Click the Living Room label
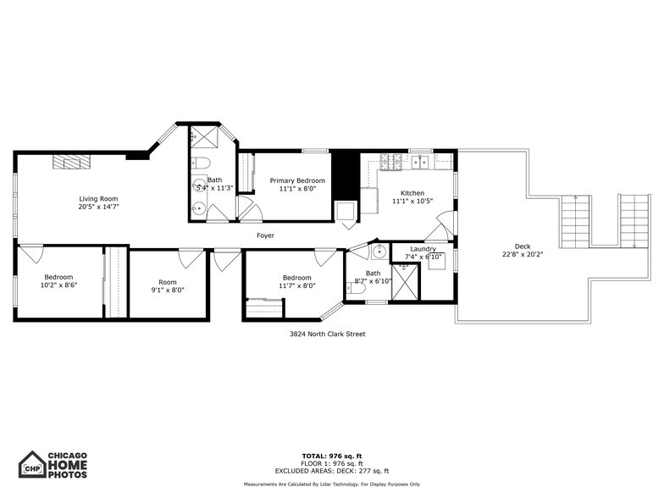click(99, 198)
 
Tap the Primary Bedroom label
click(296, 180)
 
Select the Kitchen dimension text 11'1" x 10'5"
click(412, 202)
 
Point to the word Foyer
click(265, 235)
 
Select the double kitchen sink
click(420, 161)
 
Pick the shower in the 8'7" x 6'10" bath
click(405, 283)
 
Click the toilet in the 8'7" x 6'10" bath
click(357, 288)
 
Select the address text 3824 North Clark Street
click(328, 334)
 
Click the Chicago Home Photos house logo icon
click(32, 465)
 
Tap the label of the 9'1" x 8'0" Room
click(167, 282)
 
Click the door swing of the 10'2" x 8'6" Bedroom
click(31, 252)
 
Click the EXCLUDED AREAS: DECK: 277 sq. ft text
click(331, 471)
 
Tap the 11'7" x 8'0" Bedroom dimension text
click(297, 285)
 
